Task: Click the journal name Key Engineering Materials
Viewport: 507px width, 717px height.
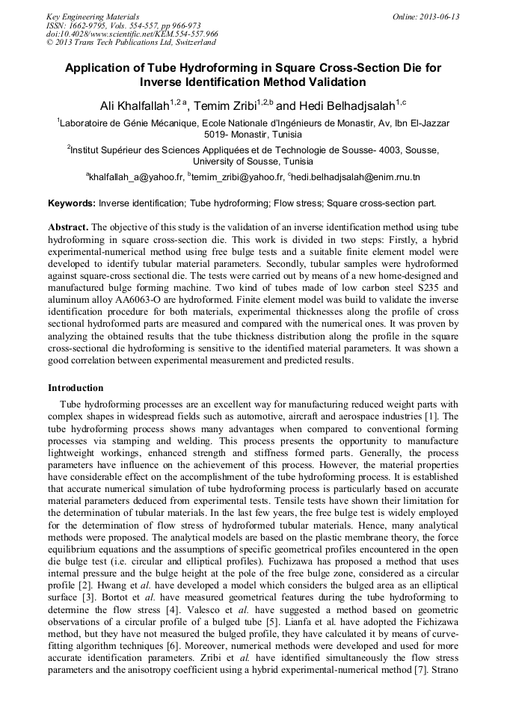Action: coord(93,16)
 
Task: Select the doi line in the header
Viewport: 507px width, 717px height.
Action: coord(132,34)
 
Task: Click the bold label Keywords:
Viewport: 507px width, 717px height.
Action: coord(72,203)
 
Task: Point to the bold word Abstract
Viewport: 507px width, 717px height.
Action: coord(68,227)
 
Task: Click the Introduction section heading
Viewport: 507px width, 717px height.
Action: coord(76,388)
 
